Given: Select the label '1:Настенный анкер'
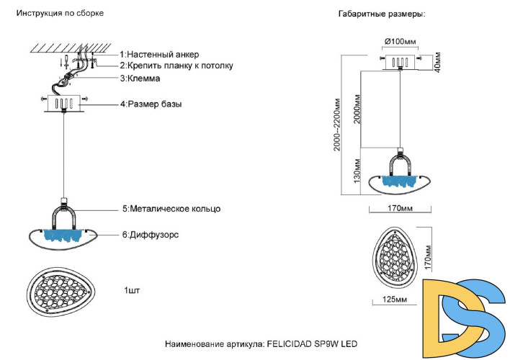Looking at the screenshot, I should [159, 55].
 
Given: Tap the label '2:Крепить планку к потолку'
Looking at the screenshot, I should [176, 66].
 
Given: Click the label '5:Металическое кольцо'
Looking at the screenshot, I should [171, 209].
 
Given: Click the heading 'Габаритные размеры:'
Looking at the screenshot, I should [381, 15].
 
